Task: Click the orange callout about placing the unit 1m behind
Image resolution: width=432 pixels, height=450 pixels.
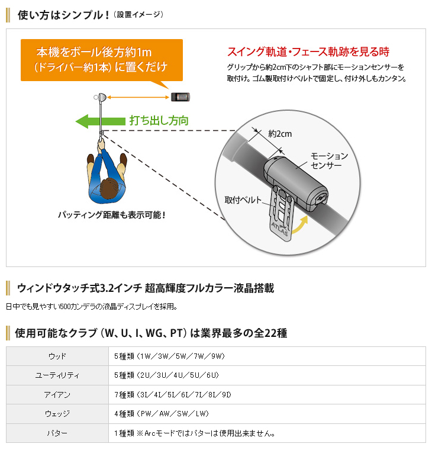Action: click(101, 59)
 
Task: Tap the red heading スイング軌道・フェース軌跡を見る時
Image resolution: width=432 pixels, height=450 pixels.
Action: click(308, 52)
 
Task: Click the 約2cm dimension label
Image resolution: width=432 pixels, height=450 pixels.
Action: click(280, 133)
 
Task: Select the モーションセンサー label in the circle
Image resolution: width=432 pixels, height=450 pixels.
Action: click(329, 160)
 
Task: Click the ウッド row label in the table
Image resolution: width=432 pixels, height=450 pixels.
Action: click(57, 356)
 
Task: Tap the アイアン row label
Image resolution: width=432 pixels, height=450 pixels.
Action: click(57, 395)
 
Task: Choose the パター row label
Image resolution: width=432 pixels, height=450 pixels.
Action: click(57, 433)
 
